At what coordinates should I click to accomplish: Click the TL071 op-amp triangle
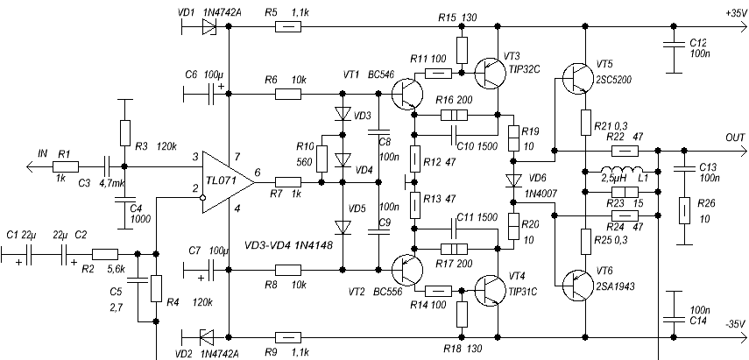click(225, 182)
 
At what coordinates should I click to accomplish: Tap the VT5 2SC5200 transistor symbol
click(578, 79)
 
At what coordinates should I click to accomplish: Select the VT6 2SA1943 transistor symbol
click(578, 285)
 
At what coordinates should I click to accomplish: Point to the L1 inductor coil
click(621, 171)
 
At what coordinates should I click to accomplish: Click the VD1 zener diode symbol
click(208, 27)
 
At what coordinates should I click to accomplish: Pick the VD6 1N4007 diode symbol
click(513, 180)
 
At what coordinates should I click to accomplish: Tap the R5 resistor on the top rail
click(288, 27)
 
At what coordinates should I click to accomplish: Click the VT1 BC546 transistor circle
click(407, 94)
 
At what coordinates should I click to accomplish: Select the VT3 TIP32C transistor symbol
click(491, 73)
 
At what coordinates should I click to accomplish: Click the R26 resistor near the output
click(684, 210)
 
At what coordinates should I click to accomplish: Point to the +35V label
click(736, 14)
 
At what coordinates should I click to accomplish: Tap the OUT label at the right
click(736, 138)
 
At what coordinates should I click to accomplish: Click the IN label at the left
click(43, 153)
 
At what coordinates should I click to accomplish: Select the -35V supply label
click(735, 324)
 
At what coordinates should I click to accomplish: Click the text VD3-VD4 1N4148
click(288, 246)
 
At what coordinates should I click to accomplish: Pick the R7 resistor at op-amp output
click(288, 182)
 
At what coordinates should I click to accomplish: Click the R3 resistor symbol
click(124, 133)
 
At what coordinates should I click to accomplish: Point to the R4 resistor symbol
click(156, 288)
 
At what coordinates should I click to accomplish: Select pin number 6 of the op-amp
click(258, 173)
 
